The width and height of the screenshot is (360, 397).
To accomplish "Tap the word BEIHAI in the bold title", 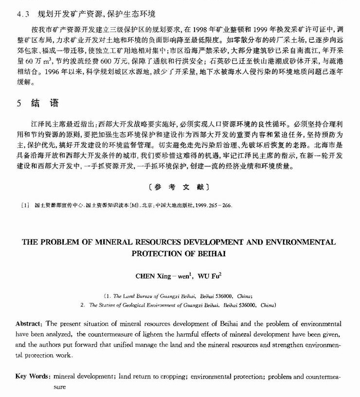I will coord(212,253).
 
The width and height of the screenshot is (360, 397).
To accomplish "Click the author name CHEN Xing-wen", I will coord(163,275).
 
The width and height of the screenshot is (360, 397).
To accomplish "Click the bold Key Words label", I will coord(33,377).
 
